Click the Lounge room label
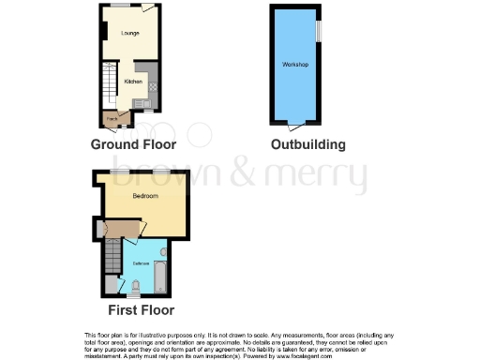pos(129,33)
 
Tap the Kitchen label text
pos(133,82)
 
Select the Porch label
pos(112,118)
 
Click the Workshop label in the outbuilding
pos(295,64)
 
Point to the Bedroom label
pos(144,196)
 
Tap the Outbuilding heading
pos(307,144)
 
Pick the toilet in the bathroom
pos(137,285)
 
